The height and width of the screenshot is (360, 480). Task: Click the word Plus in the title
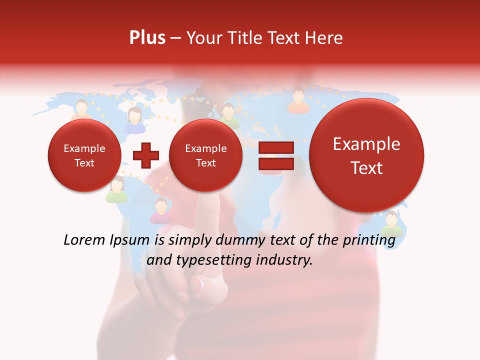[147, 38]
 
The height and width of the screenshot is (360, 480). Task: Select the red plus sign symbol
[145, 155]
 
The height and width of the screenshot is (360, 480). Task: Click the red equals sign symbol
[275, 155]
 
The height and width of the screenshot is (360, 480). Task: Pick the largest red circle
[366, 155]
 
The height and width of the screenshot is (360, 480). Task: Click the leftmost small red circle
[84, 155]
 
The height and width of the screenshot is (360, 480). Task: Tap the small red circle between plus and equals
[205, 155]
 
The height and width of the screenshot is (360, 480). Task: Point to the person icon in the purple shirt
[161, 210]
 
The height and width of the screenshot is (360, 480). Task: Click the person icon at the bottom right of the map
[391, 223]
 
